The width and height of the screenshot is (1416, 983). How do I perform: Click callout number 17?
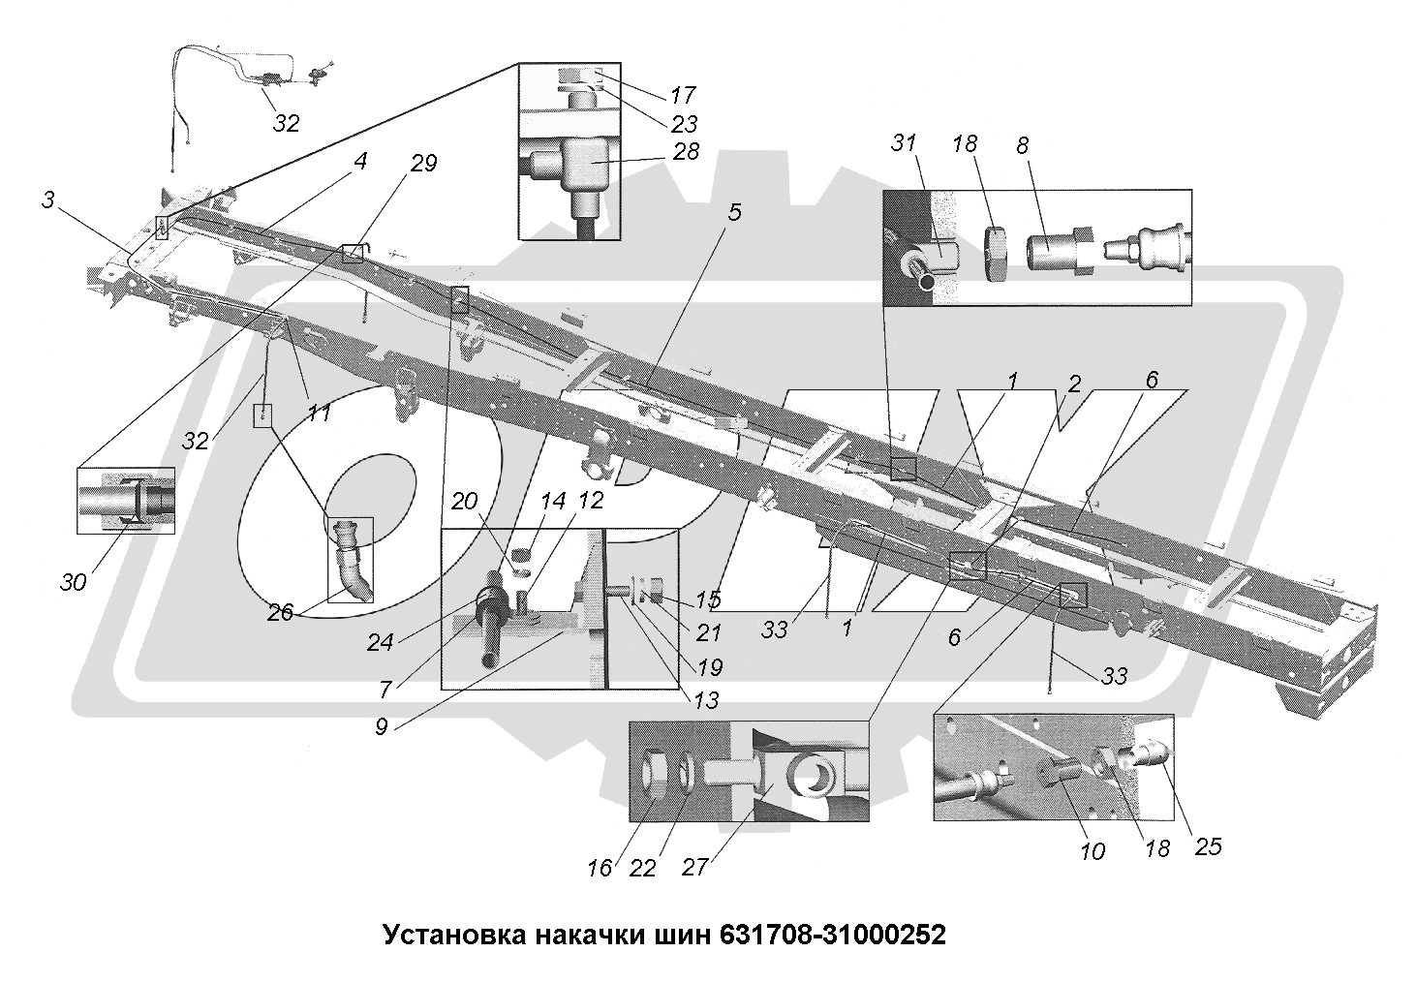coord(683,95)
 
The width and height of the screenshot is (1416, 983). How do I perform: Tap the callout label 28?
coord(685,151)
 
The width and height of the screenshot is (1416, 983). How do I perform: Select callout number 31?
coord(904,142)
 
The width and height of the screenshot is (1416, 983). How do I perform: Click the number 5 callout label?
coord(734,211)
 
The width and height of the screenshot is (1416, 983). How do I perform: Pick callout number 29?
coord(423,164)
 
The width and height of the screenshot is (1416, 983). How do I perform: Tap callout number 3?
coord(48,200)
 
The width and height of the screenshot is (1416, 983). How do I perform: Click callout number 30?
coord(74,581)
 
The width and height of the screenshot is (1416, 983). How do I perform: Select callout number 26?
coord(281,612)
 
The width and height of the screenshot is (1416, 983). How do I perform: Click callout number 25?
coord(1208,845)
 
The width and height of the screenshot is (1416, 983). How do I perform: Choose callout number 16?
coord(600,867)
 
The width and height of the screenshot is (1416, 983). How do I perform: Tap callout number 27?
coord(695,867)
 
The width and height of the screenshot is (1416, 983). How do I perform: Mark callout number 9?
coord(382,726)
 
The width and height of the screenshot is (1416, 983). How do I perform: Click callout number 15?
coord(708,600)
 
